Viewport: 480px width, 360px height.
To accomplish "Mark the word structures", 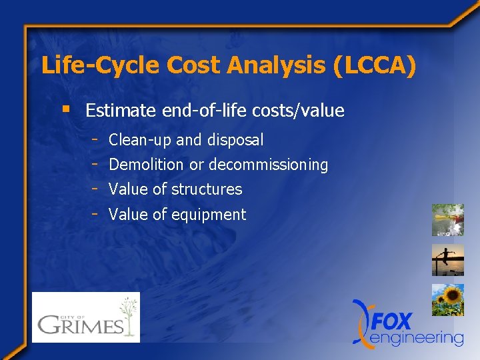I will point(207,189).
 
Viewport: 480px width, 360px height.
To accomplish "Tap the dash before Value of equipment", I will point(97,213).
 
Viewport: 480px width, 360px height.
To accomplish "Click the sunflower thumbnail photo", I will point(447,300).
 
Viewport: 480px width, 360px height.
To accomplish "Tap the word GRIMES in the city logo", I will point(79,325).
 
